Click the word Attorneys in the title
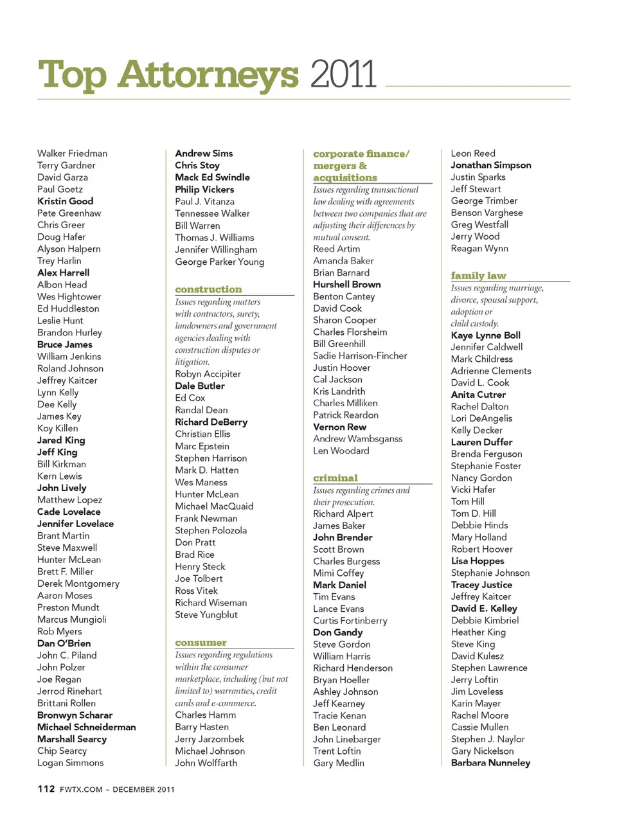(x=208, y=75)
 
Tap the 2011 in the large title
(x=343, y=75)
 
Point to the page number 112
(x=46, y=789)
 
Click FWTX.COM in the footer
(x=81, y=789)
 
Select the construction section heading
(x=208, y=289)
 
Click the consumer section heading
(x=201, y=642)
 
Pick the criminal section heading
(x=335, y=478)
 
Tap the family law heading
(x=478, y=275)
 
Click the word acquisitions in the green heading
(x=345, y=177)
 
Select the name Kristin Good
(x=65, y=201)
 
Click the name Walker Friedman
(x=72, y=153)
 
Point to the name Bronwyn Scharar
(x=75, y=715)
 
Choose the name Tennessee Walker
(x=212, y=213)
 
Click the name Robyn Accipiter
(x=208, y=374)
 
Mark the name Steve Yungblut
(x=206, y=614)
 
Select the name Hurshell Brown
(x=346, y=284)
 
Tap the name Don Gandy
(x=337, y=632)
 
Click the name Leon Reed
(x=473, y=153)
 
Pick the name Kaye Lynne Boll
(x=485, y=335)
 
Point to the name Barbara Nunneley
(x=490, y=763)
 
